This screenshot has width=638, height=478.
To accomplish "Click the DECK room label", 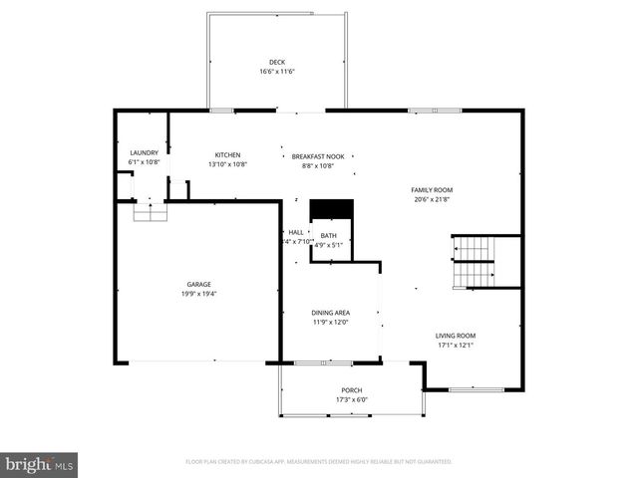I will click(x=277, y=63).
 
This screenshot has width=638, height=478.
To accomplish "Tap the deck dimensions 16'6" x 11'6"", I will click(x=277, y=72).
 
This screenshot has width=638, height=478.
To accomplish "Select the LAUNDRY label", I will click(x=144, y=153).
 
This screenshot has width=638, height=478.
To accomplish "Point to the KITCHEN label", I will click(x=227, y=155).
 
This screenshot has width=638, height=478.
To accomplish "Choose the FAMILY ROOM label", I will click(x=432, y=189).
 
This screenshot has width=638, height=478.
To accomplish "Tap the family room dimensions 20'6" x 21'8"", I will click(x=432, y=198).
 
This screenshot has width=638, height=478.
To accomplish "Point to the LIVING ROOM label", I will click(x=455, y=336).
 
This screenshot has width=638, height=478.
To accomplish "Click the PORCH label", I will click(x=351, y=390).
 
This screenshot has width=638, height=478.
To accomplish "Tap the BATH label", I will click(x=328, y=235).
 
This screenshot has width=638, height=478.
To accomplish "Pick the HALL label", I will click(x=296, y=232).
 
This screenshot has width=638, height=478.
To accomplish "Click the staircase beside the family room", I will click(x=475, y=260).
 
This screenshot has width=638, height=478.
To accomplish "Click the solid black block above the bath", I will click(x=331, y=208).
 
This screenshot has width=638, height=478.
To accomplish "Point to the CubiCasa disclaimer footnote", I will click(x=319, y=462).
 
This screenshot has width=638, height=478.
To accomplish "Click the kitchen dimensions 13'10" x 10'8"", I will click(x=227, y=164).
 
